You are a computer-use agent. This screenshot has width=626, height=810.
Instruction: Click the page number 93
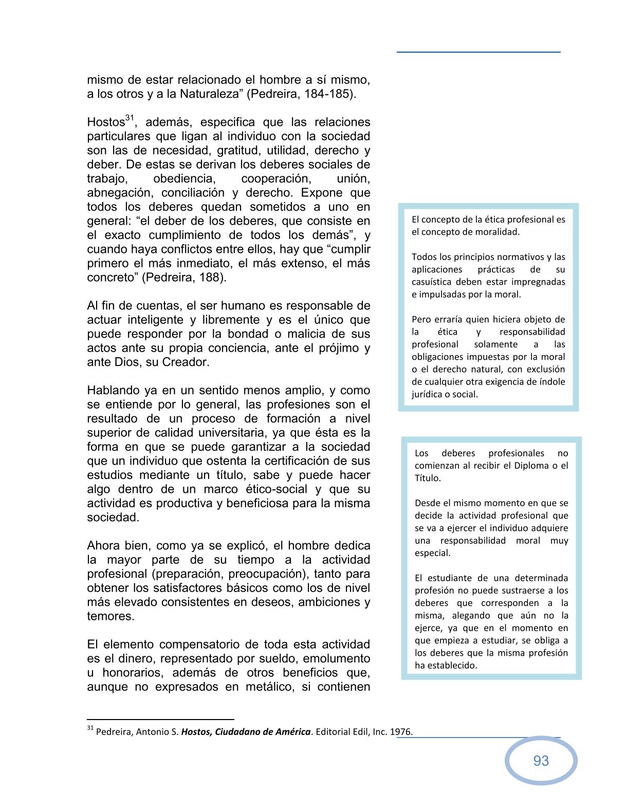541,761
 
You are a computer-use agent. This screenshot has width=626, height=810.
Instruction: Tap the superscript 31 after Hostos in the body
130,118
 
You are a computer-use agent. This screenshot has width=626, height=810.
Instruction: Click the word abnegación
120,193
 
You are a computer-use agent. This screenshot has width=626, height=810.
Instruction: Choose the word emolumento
337,659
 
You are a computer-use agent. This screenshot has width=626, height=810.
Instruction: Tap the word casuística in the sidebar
432,282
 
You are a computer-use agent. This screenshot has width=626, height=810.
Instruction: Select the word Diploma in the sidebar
532,466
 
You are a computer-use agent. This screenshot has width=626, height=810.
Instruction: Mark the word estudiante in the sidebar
452,578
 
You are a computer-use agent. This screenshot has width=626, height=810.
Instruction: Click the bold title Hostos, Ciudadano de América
246,732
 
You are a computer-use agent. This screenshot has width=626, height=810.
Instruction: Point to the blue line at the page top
478,52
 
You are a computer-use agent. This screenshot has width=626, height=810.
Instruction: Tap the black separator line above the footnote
160,720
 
